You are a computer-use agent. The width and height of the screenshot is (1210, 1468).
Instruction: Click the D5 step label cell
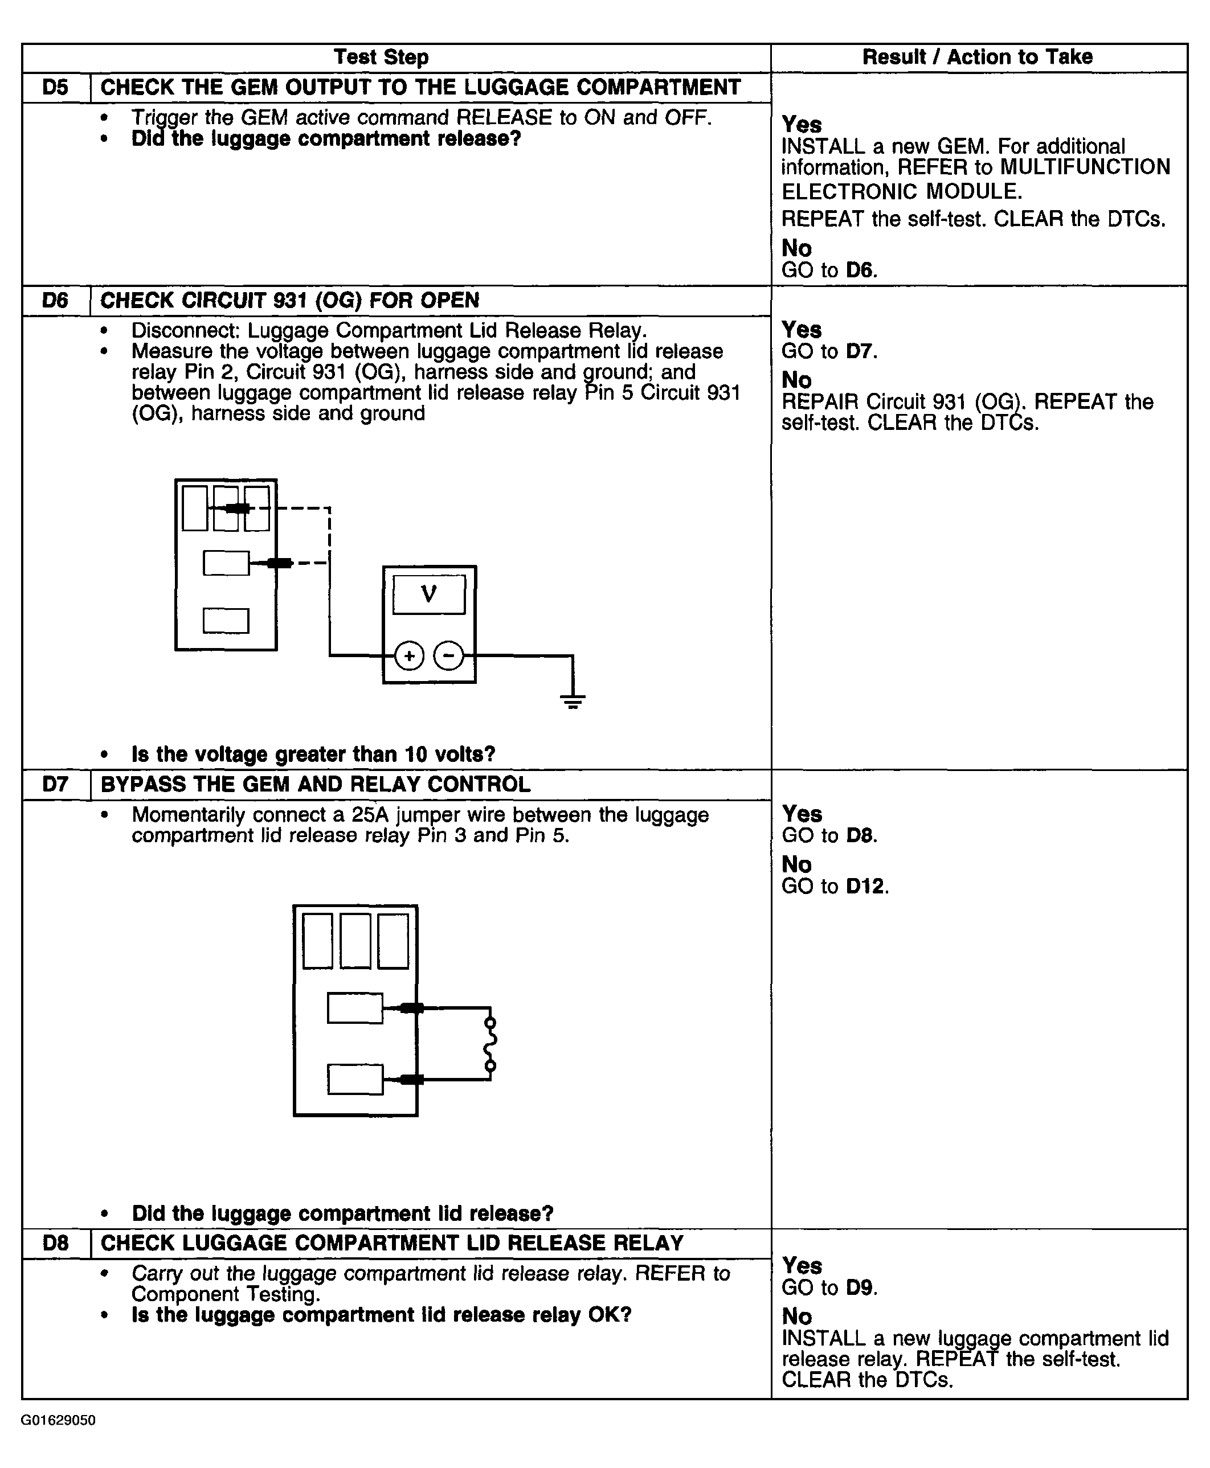click(56, 88)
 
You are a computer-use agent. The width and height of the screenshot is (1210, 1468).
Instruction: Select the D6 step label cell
click(56, 301)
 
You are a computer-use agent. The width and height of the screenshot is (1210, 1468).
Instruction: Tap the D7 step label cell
click(56, 785)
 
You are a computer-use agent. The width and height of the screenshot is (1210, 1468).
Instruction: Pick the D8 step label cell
click(56, 1243)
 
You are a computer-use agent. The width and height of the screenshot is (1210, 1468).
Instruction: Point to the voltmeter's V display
click(428, 594)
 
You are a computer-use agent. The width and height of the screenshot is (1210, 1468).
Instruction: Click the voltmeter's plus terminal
click(409, 655)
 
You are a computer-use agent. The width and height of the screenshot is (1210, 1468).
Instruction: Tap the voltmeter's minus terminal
click(449, 655)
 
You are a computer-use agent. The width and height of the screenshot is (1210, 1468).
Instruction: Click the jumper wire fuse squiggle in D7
click(490, 1044)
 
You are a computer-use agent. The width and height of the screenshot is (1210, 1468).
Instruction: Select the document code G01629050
click(59, 1420)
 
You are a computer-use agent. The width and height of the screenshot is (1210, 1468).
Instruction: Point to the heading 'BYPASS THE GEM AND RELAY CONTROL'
click(316, 785)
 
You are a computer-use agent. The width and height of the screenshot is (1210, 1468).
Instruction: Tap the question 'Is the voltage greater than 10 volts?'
click(313, 754)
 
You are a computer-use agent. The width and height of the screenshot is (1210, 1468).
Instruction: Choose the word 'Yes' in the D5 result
click(802, 124)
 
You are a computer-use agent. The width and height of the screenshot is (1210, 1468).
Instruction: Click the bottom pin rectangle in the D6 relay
click(226, 621)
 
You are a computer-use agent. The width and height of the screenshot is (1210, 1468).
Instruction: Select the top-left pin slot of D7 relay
click(318, 941)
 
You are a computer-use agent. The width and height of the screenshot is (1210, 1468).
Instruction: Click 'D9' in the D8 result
click(860, 1287)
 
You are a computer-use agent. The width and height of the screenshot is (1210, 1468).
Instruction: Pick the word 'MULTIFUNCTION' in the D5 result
click(1085, 167)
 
